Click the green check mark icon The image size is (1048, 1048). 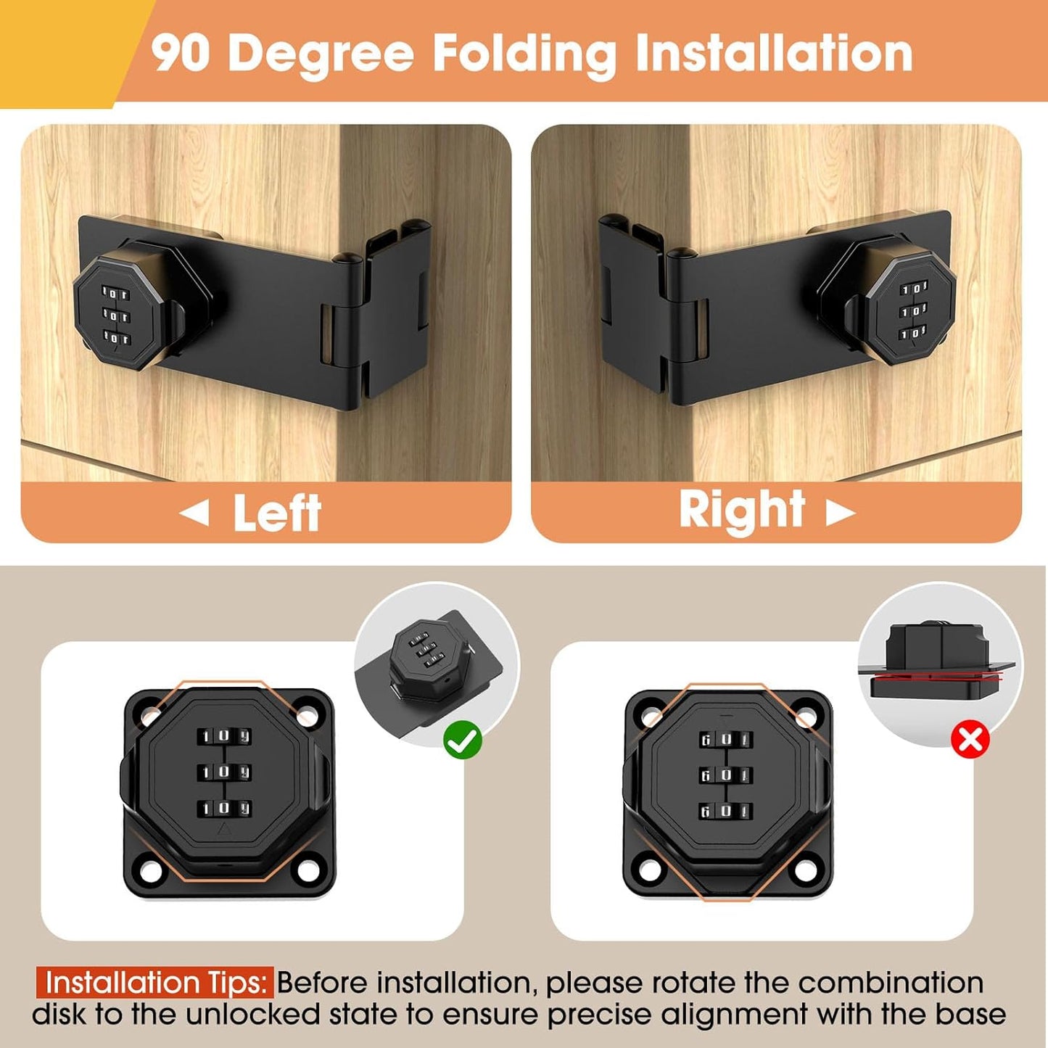[463, 740]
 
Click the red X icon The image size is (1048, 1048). [970, 740]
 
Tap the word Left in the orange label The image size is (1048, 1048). [277, 513]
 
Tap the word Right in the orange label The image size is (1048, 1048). [741, 510]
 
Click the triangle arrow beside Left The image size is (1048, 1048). [194, 513]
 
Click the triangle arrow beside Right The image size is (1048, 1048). [841, 513]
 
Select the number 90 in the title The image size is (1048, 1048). [181, 53]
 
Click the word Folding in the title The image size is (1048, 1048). [524, 54]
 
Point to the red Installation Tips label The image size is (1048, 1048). [155, 983]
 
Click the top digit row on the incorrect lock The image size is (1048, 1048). [725, 740]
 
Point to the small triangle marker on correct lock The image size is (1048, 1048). [224, 831]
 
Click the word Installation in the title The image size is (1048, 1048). [773, 53]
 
